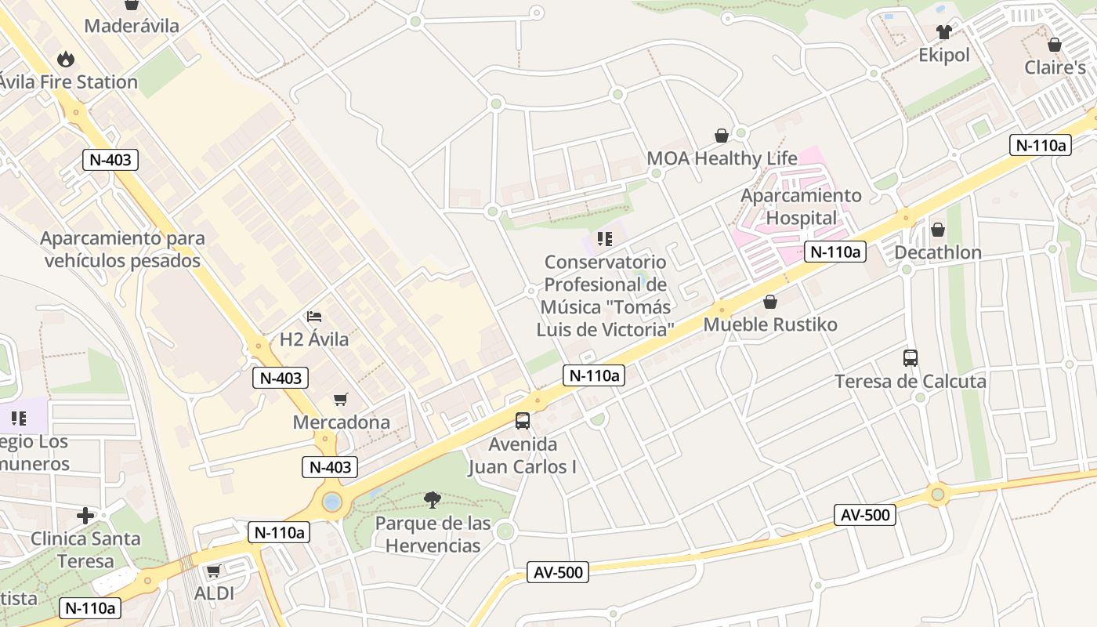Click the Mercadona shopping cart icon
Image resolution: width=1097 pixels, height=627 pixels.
[340, 400]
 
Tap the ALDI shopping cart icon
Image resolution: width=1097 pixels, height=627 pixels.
[213, 571]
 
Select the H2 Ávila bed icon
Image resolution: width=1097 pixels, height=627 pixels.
[314, 317]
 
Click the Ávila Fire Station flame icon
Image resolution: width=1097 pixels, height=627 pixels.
[66, 59]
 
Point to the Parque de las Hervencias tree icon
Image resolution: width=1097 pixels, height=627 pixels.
[432, 499]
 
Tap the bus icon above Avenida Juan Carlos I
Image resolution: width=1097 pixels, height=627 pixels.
[523, 421]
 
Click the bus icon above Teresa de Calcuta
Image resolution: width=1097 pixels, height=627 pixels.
[911, 358]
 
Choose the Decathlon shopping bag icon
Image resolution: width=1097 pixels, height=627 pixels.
[937, 230]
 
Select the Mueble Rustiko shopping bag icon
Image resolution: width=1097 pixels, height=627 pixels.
[770, 302]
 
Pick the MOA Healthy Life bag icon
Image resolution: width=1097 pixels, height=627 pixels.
[722, 136]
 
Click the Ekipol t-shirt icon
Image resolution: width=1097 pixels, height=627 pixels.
[943, 32]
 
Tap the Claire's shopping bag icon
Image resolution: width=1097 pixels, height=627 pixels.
[1055, 45]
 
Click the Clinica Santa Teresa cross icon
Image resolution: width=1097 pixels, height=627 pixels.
[85, 516]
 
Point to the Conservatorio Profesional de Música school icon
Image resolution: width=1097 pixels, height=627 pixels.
[604, 238]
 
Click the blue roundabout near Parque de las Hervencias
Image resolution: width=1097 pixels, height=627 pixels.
[332, 502]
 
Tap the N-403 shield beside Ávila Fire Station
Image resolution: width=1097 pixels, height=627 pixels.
[110, 160]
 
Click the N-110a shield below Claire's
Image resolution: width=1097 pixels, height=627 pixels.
[1040, 145]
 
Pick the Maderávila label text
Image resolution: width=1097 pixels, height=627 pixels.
[132, 26]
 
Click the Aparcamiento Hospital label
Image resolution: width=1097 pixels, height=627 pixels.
[801, 206]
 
